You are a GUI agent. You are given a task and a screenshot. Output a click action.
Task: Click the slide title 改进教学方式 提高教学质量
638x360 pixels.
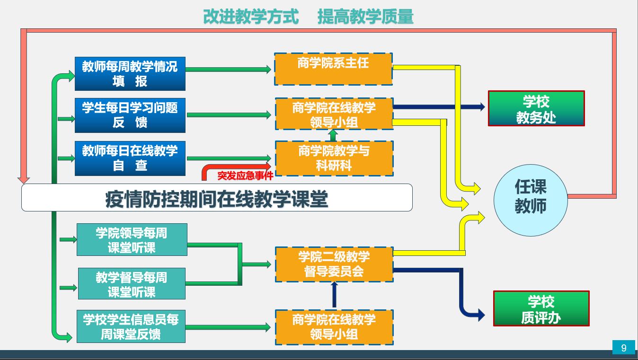tap(308, 17)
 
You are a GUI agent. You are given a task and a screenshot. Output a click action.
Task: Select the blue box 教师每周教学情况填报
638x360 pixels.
tap(130, 74)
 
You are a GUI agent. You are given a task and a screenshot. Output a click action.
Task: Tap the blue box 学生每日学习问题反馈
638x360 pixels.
tap(130, 115)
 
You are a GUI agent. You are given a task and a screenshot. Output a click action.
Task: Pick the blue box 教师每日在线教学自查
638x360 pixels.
tap(130, 158)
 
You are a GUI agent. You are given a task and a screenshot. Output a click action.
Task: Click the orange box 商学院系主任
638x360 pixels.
tap(333, 69)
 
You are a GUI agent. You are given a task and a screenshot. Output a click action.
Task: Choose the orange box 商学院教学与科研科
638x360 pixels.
tap(334, 158)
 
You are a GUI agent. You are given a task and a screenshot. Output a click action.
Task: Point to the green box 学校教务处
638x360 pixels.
tap(536, 108)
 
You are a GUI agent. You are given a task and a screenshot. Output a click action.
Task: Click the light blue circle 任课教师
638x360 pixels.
tap(531, 200)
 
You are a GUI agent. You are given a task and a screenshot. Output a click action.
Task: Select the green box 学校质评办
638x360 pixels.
tap(541, 308)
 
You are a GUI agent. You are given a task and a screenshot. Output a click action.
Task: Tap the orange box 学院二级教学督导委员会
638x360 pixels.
tap(334, 264)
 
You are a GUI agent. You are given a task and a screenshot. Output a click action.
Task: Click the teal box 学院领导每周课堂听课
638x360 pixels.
tap(132, 240)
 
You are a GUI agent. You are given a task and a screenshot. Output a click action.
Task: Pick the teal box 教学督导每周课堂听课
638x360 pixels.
tap(132, 283)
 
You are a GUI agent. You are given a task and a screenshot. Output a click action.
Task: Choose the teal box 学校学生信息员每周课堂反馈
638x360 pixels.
tap(131, 326)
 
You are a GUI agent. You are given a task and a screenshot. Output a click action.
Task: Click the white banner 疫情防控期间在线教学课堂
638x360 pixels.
tap(217, 197)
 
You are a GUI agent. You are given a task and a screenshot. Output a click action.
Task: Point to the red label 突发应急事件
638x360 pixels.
tap(245, 176)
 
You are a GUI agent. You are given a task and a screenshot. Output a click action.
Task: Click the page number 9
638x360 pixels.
tap(624, 348)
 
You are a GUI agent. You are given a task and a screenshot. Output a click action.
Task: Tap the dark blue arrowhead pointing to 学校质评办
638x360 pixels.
tap(481, 315)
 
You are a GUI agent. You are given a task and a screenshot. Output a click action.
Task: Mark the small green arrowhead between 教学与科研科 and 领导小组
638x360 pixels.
tap(333, 132)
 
